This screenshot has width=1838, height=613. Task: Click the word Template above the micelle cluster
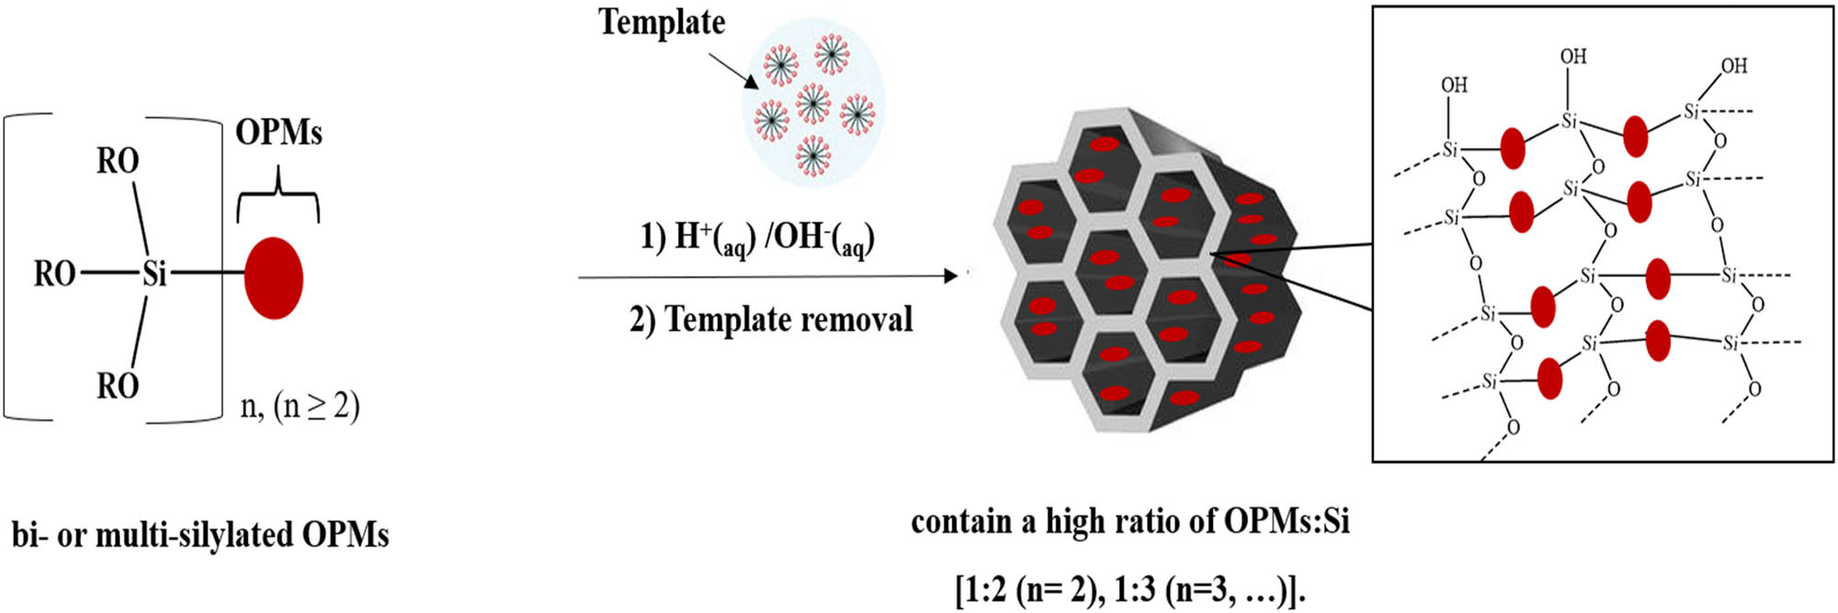(x=662, y=22)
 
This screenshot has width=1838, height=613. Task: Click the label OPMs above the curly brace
(x=278, y=132)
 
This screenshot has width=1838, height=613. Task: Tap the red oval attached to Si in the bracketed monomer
(x=274, y=278)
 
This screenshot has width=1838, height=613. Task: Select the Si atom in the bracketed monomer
(x=154, y=273)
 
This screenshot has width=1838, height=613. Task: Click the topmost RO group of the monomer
(x=118, y=162)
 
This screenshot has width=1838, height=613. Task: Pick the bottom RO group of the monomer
(x=118, y=386)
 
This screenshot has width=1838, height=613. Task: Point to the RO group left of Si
(x=55, y=273)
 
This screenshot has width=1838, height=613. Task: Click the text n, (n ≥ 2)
(x=300, y=405)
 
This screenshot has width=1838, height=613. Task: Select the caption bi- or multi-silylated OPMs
(x=200, y=535)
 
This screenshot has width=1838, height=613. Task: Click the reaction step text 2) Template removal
(x=771, y=320)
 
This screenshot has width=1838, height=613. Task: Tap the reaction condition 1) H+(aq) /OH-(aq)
(x=757, y=238)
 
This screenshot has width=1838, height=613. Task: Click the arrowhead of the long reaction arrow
(x=952, y=276)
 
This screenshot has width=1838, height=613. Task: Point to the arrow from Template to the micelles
(x=733, y=71)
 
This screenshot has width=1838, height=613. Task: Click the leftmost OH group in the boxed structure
(x=1454, y=85)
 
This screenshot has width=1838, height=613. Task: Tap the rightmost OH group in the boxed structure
(x=1733, y=66)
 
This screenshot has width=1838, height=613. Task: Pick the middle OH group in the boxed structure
(x=1573, y=56)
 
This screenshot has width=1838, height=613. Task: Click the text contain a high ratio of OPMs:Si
(x=1130, y=522)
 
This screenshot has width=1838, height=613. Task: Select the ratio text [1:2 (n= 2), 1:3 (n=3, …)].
(x=1130, y=589)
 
